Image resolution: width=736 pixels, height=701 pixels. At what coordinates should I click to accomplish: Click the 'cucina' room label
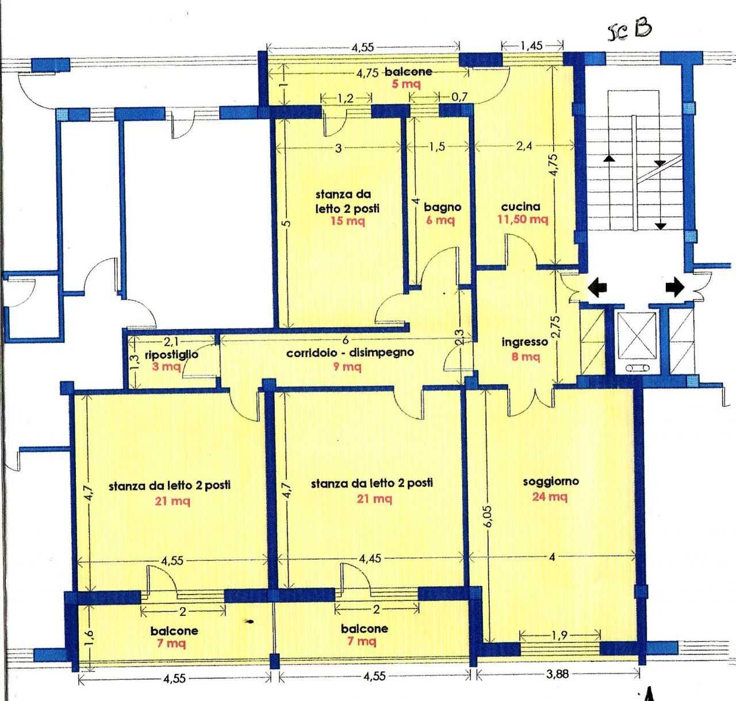tap(520, 206)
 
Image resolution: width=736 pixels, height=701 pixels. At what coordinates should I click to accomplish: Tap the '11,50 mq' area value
tap(522, 220)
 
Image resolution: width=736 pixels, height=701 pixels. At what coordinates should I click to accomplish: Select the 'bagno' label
tap(442, 207)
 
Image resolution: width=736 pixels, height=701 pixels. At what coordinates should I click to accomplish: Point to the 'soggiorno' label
tap(550, 481)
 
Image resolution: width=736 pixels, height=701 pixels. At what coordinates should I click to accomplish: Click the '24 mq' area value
tap(550, 497)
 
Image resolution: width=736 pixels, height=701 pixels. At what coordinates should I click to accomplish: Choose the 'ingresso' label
tap(524, 342)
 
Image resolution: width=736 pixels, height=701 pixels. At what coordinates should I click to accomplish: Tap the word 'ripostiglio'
tap(171, 355)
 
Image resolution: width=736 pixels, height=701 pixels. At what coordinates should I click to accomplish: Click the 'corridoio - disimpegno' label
tap(350, 353)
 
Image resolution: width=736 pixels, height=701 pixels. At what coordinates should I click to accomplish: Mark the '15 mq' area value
tap(347, 221)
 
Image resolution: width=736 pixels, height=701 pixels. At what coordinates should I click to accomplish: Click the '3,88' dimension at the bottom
tap(557, 674)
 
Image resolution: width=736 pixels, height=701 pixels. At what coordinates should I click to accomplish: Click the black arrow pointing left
tap(597, 288)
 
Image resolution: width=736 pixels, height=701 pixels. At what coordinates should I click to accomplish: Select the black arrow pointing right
tap(676, 288)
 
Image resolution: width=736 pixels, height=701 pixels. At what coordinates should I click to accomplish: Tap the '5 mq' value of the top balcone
tap(406, 83)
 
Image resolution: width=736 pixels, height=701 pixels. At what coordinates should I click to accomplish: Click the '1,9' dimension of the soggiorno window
tap(560, 635)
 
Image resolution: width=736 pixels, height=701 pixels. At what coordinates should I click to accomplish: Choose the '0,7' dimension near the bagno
tap(460, 97)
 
